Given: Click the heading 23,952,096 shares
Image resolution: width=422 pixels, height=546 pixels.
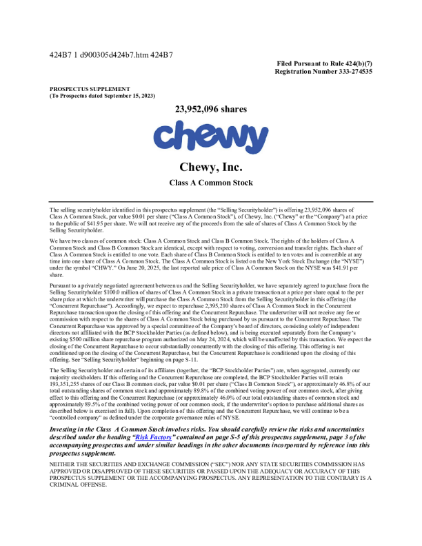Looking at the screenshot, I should pos(210,109).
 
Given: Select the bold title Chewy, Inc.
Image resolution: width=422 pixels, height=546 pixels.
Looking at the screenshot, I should pos(210,168).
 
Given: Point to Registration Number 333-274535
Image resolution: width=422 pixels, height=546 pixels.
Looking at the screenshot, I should pos(323,71).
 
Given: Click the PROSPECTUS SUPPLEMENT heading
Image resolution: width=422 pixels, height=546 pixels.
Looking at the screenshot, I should pos(90,89).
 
